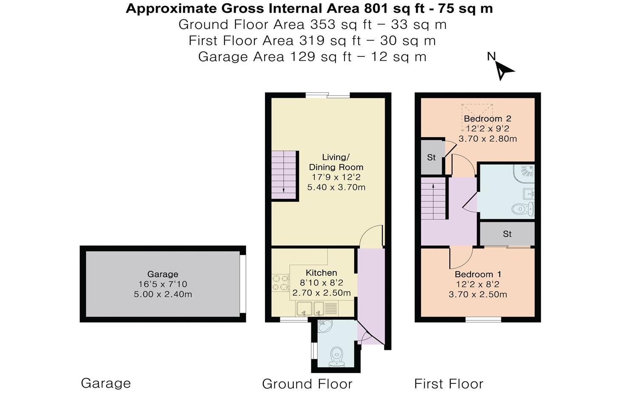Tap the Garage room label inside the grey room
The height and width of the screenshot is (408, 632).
[163, 274]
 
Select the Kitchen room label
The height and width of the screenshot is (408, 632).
[321, 273]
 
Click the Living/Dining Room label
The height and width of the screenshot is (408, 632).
[336, 162]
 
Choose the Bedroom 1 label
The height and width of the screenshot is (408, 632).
[477, 274]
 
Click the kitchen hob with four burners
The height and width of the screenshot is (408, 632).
[279, 283]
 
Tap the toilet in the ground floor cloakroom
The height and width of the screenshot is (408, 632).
[337, 354]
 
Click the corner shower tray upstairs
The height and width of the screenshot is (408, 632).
[524, 172]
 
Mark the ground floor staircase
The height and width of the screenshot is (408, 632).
[283, 175]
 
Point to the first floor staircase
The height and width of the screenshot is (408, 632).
[433, 198]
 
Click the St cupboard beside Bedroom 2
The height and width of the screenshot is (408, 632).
[432, 157]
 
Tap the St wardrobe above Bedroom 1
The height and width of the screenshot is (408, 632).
[507, 234]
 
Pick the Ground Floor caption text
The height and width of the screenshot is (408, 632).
[307, 384]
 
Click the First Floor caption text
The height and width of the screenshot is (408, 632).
[449, 384]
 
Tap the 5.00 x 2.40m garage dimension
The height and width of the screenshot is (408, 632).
[163, 294]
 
